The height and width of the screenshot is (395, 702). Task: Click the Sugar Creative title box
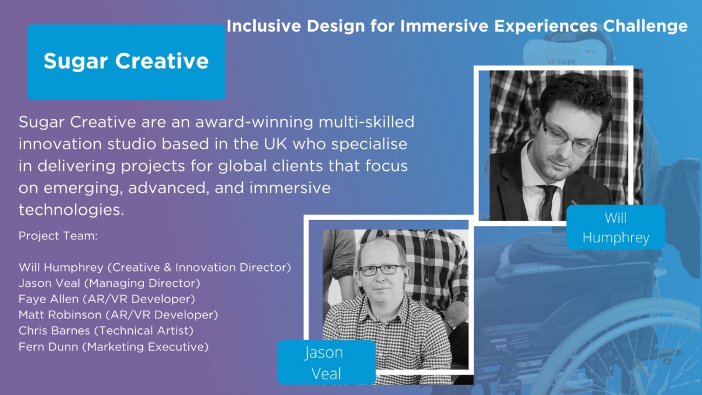126,62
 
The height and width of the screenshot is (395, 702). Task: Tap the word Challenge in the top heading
645,26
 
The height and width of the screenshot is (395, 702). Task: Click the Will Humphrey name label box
616,227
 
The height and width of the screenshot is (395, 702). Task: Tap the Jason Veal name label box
326,362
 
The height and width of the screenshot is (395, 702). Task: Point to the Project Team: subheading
58,236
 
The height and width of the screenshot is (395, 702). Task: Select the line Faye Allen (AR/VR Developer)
107,299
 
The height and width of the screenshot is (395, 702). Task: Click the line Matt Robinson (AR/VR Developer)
118,315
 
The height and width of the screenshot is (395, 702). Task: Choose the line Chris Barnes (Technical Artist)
106,331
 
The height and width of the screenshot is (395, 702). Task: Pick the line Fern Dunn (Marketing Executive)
113,346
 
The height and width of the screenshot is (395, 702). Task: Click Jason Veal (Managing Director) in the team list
109,283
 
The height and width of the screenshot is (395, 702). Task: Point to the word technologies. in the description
71,209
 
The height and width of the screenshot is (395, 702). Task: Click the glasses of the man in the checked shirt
381,270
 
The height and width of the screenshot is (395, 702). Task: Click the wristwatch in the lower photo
450,323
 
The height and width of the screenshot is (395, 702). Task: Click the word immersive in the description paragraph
290,188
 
